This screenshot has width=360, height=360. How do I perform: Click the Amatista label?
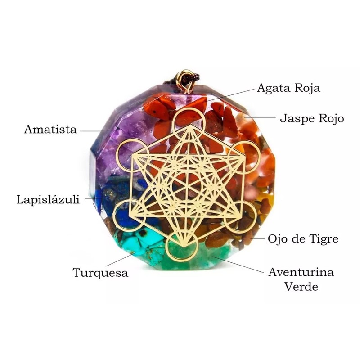click(50, 130)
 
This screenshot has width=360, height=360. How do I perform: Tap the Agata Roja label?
click(288, 88)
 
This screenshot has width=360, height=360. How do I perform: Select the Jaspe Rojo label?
click(312, 119)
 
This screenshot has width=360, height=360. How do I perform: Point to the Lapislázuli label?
click(48, 199)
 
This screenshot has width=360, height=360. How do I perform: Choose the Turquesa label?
click(100, 273)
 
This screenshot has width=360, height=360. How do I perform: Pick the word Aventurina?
click(301, 272)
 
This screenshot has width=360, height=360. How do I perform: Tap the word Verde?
click(301, 286)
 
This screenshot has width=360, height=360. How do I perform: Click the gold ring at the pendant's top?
click(184, 78)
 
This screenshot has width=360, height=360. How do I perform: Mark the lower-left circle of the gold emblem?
click(126, 214)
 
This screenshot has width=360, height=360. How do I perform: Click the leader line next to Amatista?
click(97, 131)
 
